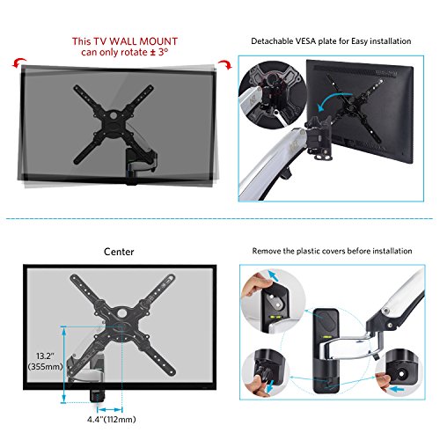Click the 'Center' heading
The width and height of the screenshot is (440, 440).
tap(118, 252)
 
